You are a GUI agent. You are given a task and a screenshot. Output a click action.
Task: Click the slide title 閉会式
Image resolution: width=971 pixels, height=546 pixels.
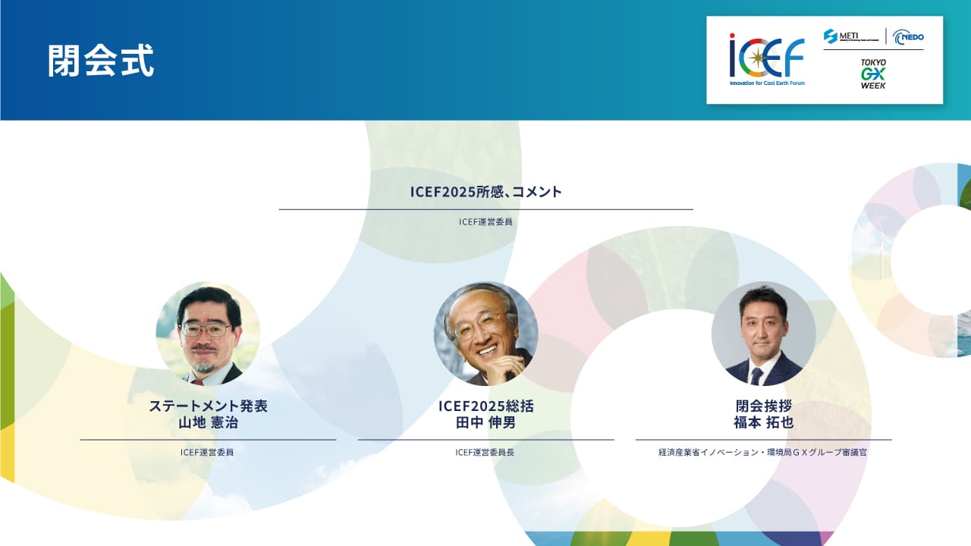[101, 60]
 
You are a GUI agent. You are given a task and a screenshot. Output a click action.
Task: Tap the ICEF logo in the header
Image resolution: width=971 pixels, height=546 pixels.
[767, 59]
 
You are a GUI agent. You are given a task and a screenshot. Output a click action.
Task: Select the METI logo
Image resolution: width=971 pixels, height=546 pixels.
[851, 36]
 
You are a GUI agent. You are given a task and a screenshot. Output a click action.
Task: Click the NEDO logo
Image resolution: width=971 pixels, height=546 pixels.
[908, 37]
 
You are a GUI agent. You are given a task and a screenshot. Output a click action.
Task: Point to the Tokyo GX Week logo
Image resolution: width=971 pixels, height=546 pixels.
[873, 74]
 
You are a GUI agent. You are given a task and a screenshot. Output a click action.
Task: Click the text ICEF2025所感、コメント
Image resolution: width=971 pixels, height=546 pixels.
[486, 192]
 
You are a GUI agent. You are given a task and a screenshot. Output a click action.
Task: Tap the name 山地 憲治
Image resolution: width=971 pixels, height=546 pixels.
[208, 422]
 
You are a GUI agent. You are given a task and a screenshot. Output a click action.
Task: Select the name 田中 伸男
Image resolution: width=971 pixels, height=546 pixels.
[485, 422]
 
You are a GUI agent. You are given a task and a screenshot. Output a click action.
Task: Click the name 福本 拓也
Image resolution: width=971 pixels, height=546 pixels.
[763, 422]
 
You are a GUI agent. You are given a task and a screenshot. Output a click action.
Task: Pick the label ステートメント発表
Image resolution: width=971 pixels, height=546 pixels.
[208, 406]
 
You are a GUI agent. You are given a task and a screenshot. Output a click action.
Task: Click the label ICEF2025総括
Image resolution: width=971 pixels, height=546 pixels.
[486, 406]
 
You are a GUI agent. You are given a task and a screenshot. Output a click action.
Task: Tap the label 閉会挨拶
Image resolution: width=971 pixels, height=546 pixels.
[764, 406]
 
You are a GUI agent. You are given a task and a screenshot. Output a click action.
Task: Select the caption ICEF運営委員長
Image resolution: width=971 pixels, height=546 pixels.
[485, 453]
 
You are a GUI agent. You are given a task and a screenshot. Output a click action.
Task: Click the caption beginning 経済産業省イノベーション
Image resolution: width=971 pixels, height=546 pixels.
[762, 453]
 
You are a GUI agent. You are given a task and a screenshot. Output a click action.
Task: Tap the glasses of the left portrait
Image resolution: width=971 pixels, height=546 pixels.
[206, 330]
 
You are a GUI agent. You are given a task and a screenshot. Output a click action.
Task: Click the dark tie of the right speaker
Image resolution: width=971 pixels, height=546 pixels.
[757, 376]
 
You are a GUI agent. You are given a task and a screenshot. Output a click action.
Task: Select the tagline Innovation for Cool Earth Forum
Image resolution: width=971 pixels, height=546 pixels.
[767, 83]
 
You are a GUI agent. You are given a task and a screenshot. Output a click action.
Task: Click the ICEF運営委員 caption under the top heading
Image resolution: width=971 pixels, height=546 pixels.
[485, 222]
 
